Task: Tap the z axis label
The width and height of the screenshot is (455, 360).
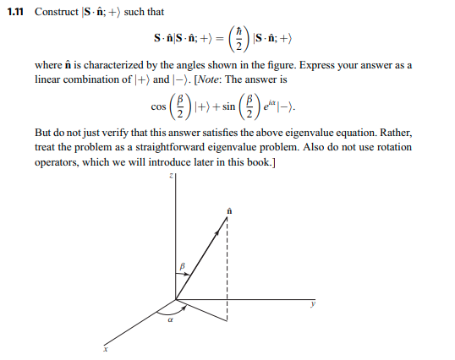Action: (x=170, y=176)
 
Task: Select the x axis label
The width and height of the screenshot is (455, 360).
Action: (x=107, y=349)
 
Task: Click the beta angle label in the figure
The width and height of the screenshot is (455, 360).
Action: (x=181, y=267)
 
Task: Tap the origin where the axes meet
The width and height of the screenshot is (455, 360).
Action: (x=175, y=298)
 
